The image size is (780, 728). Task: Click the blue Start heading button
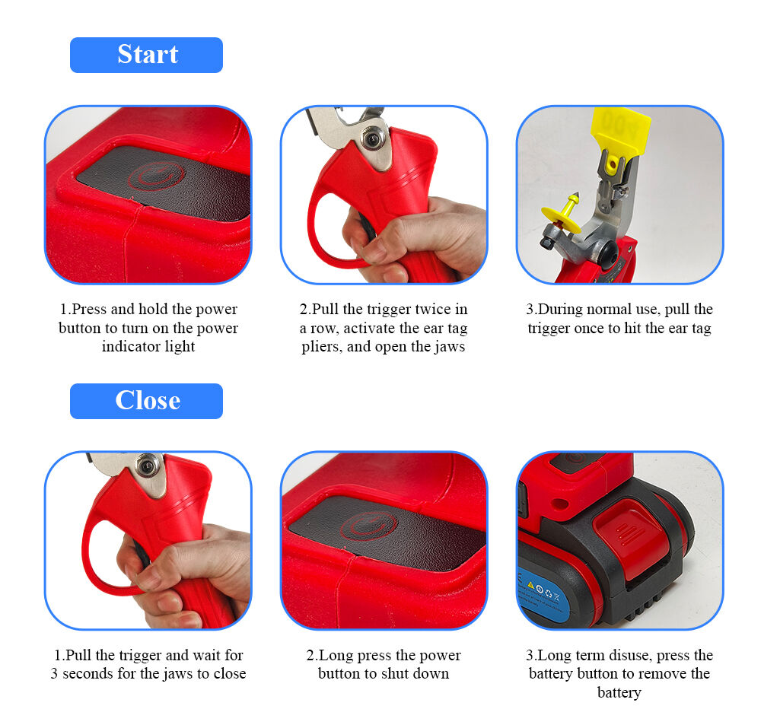146,55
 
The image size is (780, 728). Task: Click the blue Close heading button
146,401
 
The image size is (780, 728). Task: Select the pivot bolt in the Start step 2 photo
372,138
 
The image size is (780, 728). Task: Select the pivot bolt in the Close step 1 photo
148,463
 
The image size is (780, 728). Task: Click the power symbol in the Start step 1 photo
156,176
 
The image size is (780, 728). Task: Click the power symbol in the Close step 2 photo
369,525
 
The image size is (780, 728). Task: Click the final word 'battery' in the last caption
619,692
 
